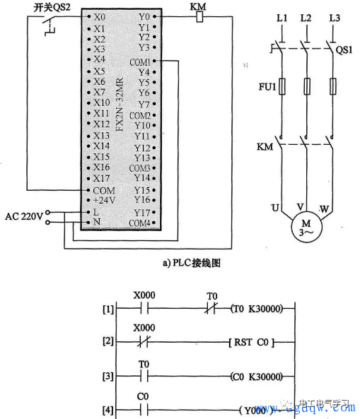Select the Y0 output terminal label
[144, 16]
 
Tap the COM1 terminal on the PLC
[140, 61]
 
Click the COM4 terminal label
[140, 223]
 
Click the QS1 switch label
[344, 50]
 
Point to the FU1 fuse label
[265, 87]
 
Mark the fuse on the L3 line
[333, 87]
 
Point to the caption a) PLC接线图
[192, 263]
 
